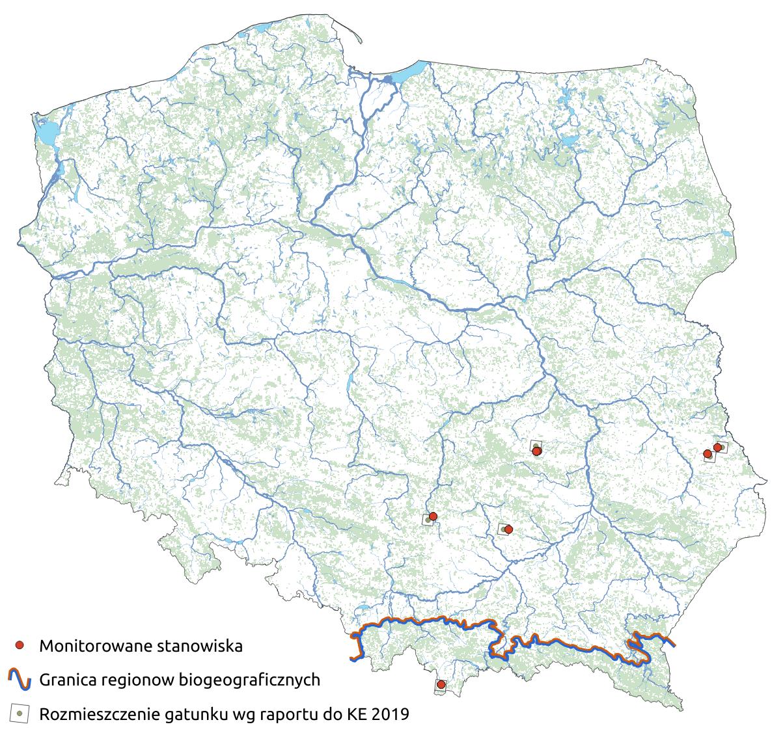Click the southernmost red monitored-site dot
pyautogui.click(x=441, y=684)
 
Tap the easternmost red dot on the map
pyautogui.click(x=717, y=447)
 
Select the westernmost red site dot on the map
pyautogui.click(x=433, y=516)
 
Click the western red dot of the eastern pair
pyautogui.click(x=707, y=453)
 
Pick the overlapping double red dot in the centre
pyautogui.click(x=536, y=451)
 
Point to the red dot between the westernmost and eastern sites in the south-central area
pyautogui.click(x=508, y=529)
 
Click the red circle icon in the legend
pyautogui.click(x=20, y=645)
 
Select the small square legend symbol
pyautogui.click(x=20, y=713)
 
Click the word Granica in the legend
pyautogui.click(x=66, y=680)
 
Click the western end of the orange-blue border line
pyautogui.click(x=352, y=658)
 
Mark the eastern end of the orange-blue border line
pyautogui.click(x=673, y=645)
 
